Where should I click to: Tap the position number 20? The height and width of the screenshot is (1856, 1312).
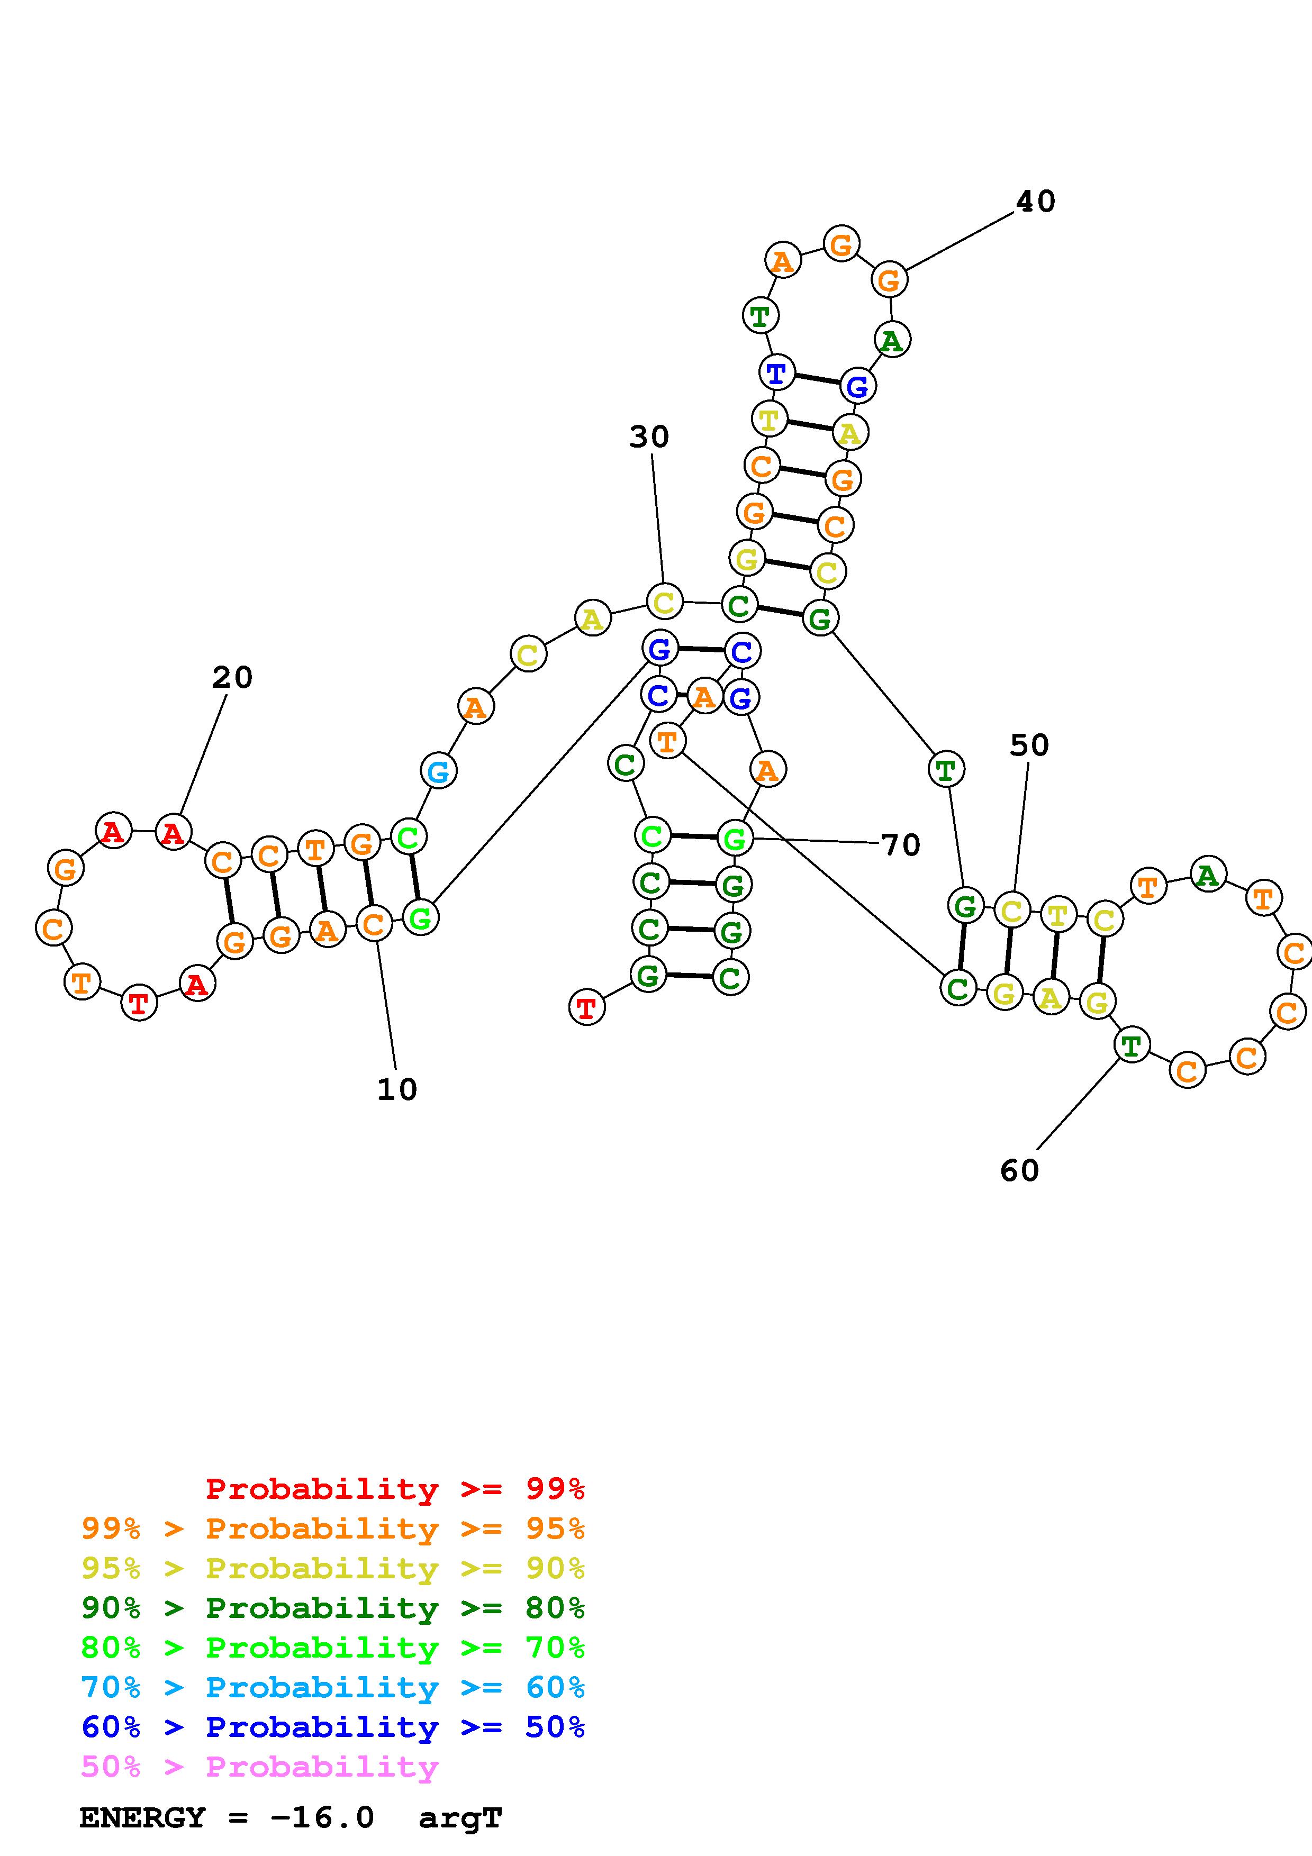pyautogui.click(x=232, y=677)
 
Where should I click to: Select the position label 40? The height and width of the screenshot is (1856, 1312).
pyautogui.click(x=1035, y=201)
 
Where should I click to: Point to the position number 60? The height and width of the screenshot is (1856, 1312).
pyautogui.click(x=1019, y=1170)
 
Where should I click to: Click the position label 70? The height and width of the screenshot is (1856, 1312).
pyautogui.click(x=901, y=845)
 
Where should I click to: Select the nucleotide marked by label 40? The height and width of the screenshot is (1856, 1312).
pyautogui.click(x=889, y=280)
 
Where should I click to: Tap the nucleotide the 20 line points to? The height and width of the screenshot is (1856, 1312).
pyautogui.click(x=173, y=832)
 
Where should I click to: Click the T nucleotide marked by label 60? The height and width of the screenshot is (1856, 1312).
pyautogui.click(x=1131, y=1045)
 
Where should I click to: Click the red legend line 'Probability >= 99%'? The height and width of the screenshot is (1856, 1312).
pyautogui.click(x=394, y=1489)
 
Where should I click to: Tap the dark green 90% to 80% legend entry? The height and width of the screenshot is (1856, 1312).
pyautogui.click(x=333, y=1608)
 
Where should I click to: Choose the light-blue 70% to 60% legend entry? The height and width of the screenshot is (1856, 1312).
pyautogui.click(x=333, y=1687)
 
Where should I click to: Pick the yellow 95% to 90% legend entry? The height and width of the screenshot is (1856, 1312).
pyautogui.click(x=333, y=1568)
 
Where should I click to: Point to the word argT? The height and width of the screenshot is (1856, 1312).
pyautogui.click(x=460, y=1818)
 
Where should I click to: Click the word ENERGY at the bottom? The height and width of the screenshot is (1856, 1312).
pyautogui.click(x=142, y=1818)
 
